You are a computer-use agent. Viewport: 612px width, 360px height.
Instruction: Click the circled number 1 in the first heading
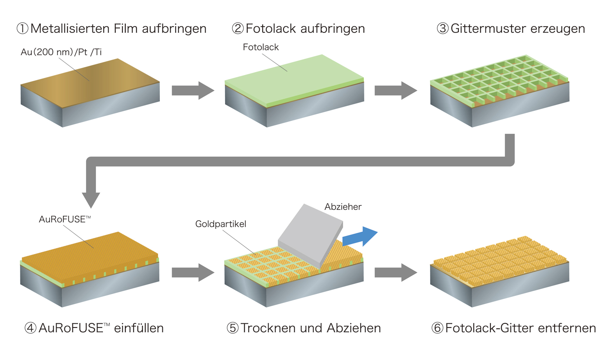tap(22, 29)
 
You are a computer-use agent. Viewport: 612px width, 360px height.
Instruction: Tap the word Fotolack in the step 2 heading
tap(271, 29)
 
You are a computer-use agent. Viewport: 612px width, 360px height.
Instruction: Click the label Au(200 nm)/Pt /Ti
tap(61, 52)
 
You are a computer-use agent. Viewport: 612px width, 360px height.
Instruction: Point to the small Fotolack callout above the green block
tap(261, 47)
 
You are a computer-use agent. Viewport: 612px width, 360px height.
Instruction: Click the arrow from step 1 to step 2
tap(192, 90)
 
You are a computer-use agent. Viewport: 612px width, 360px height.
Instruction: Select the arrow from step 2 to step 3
tap(396, 90)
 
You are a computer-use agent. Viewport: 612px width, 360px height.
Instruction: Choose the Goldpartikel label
tap(221, 224)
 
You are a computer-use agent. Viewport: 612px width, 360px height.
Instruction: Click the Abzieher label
tap(343, 207)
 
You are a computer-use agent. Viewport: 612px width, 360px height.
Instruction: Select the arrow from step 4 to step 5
tap(192, 272)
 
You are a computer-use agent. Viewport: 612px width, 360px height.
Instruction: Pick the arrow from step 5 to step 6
tap(396, 272)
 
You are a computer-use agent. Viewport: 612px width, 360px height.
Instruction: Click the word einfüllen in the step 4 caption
tap(139, 328)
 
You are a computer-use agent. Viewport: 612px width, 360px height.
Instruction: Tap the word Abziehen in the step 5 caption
tap(354, 328)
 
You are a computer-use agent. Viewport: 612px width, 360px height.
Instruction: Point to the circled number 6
tap(437, 328)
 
